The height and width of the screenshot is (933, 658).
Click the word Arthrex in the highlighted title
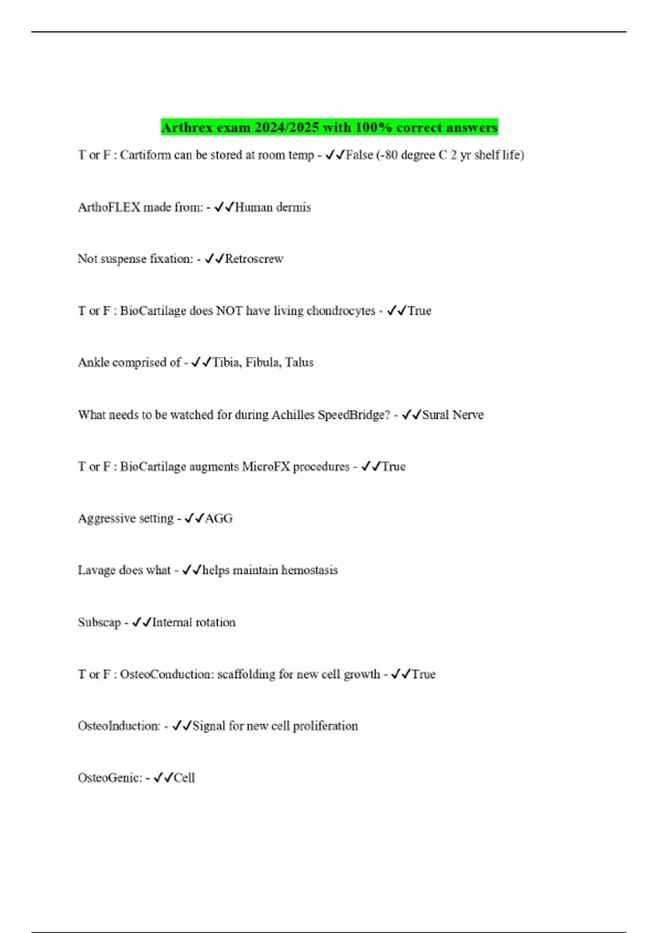187,128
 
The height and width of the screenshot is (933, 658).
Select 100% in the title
374,128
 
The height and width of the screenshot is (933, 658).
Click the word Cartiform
145,155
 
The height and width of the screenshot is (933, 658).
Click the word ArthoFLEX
109,207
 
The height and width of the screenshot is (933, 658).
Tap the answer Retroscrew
254,259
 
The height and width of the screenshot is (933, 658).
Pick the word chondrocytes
341,311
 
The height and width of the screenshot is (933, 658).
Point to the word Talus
299,363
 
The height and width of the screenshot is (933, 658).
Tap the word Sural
435,415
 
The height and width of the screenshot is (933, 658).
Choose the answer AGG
219,519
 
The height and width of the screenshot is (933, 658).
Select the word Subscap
99,622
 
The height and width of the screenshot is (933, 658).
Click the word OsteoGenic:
110,778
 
